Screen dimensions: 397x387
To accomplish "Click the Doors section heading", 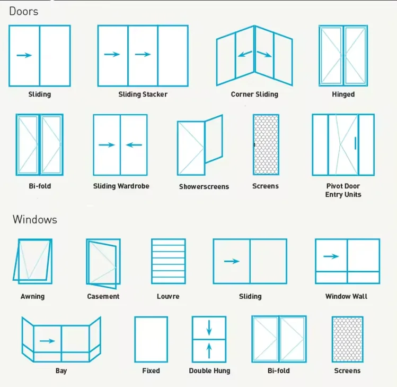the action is coord(24,11).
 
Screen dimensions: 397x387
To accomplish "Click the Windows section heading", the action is coord(35,219).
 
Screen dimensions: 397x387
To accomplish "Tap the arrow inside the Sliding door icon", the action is coord(24,55).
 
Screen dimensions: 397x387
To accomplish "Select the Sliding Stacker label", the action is coord(143,94).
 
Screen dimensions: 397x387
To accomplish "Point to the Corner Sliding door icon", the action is coord(254,55).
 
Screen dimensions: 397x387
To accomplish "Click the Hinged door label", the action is coord(343,94).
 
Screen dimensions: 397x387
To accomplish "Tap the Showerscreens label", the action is coord(204,187).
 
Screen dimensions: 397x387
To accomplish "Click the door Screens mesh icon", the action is coord(266,144).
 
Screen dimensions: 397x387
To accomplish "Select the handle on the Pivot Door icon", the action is coord(355,143).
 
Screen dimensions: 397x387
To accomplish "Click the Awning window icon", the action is coord(32,261).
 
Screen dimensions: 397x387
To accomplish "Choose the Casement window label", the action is coord(103,296).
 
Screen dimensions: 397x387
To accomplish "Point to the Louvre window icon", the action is coord(169,261).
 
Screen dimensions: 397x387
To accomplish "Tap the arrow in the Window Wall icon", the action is coord(331,256).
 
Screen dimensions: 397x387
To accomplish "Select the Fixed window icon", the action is coord(151,339).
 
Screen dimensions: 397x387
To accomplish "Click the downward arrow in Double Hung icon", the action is coord(209,328).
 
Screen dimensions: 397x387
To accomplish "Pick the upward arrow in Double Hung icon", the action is coord(209,350).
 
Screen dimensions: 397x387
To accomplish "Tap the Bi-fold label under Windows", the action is coord(279,371).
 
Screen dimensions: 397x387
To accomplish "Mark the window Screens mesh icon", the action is coord(348,339).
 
